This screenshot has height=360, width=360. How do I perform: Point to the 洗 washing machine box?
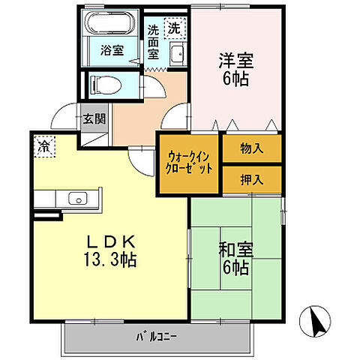tap(173, 30)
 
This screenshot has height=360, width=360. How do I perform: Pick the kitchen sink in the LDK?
tap(76, 199)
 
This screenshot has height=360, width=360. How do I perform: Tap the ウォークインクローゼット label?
tap(188, 163)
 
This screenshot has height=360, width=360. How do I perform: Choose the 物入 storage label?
tap(251, 148)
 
